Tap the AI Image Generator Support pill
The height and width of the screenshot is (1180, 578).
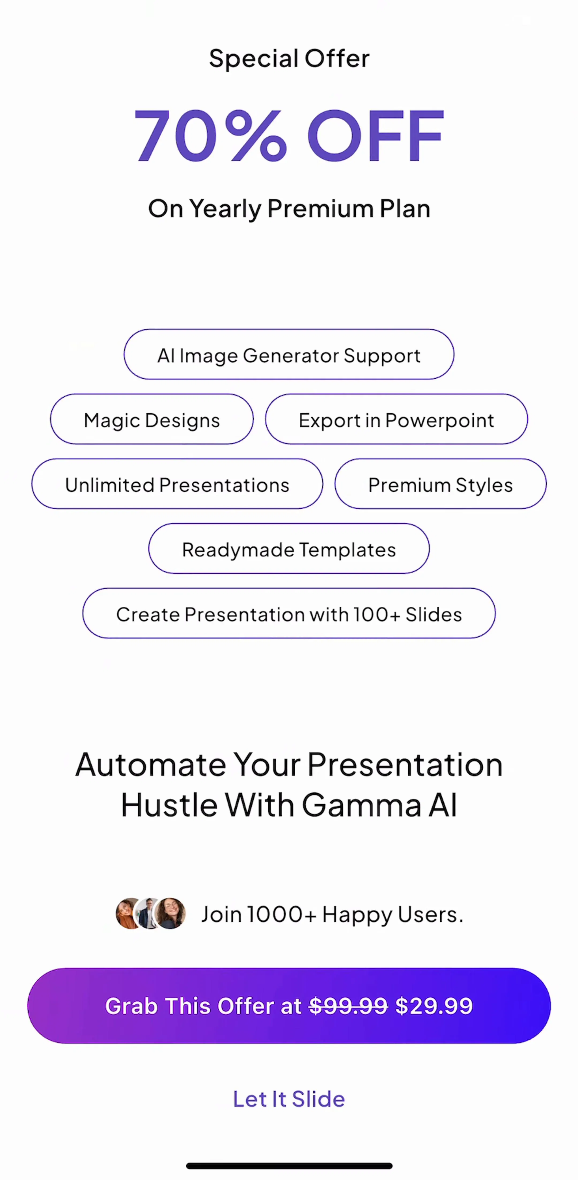click(x=289, y=354)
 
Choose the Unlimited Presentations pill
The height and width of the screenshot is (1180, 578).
click(x=177, y=484)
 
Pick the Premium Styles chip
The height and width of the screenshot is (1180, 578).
click(x=440, y=484)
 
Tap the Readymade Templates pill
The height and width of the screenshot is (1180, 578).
click(x=289, y=549)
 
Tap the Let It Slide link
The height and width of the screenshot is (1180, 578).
click(x=289, y=1099)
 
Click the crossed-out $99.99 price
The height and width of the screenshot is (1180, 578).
click(x=348, y=1006)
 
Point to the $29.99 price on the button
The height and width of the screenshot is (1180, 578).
click(x=433, y=1006)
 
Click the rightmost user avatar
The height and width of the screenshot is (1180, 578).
click(x=170, y=913)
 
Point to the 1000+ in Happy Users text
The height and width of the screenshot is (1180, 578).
click(x=282, y=914)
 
